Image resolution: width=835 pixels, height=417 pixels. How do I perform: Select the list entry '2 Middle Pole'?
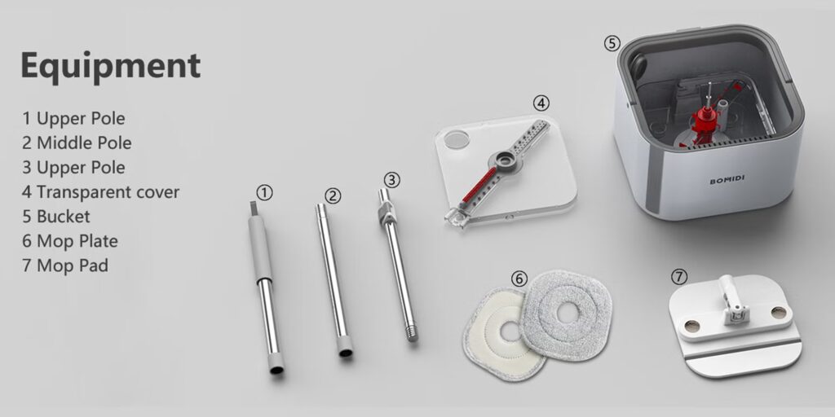(x=77, y=143)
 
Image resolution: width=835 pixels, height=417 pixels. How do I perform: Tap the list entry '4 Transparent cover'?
(x=100, y=191)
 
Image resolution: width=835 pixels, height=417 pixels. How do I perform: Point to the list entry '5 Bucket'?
(x=56, y=217)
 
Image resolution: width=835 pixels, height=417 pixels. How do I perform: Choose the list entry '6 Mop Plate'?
(x=70, y=241)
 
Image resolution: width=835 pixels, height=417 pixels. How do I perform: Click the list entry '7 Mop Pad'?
(x=65, y=266)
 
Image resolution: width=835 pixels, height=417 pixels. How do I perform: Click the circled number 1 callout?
(x=264, y=192)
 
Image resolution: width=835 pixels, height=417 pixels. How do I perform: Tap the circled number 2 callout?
(x=333, y=195)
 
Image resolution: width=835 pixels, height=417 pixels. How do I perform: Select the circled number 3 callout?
(x=391, y=180)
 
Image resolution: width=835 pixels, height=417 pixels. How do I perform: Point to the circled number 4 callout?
(x=541, y=103)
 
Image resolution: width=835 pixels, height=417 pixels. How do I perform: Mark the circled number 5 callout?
(x=612, y=43)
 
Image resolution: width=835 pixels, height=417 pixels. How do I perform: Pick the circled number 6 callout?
(x=519, y=279)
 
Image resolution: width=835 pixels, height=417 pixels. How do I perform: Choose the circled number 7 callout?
(x=679, y=277)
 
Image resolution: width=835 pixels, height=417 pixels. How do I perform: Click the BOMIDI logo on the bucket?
(x=727, y=181)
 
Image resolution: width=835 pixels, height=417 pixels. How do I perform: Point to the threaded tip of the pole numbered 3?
(x=412, y=333)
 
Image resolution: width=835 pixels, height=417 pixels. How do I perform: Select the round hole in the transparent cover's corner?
(x=457, y=139)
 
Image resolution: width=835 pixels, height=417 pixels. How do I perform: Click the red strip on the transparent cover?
(x=479, y=185)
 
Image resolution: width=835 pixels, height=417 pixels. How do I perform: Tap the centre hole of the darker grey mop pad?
(x=568, y=314)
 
